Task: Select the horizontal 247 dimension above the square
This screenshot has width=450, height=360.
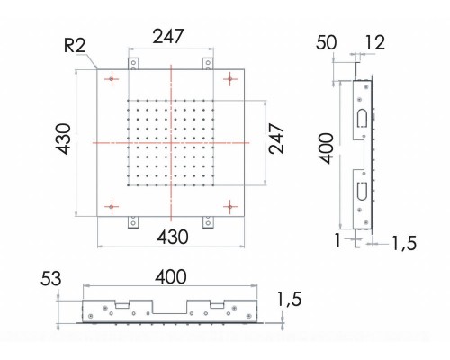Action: [169, 37]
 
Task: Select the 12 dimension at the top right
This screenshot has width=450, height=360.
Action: [375, 44]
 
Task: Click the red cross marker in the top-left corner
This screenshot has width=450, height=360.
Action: [111, 80]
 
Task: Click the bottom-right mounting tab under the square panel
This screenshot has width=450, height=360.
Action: [208, 221]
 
